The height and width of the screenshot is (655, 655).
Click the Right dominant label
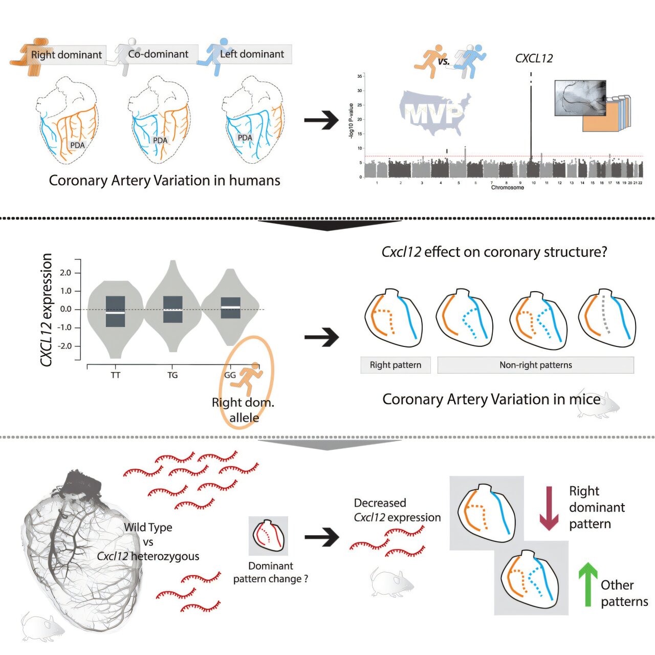[66, 55]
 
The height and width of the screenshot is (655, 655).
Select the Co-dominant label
[158, 54]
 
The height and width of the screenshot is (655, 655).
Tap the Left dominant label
[252, 54]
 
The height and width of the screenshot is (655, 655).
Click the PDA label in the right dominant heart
[77, 145]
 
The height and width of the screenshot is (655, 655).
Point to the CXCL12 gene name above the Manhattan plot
[534, 58]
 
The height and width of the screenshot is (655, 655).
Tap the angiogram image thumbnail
[580, 97]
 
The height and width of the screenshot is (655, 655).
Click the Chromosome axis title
[507, 187]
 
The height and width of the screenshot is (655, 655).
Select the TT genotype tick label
[116, 375]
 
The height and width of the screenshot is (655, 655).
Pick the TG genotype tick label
[172, 375]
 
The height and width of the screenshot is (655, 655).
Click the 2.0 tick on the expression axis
[65, 273]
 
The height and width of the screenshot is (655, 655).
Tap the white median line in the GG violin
[230, 307]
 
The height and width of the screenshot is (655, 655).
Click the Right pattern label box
[396, 365]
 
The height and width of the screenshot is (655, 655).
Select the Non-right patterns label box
[535, 365]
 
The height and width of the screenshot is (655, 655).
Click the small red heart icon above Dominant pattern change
[268, 536]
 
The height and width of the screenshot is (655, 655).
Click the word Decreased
[380, 503]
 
